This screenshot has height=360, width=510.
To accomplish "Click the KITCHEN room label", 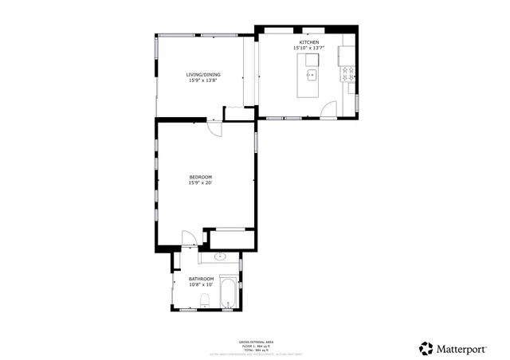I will tap(308, 41).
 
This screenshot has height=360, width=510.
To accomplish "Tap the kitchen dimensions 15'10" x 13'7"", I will tap(308, 48).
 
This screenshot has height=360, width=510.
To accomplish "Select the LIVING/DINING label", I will tap(204, 75).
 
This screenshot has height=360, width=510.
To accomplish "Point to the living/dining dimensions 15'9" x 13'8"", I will tap(204, 80).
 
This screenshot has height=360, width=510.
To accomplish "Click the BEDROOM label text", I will tap(201, 177).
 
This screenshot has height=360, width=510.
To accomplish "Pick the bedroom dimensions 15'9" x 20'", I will tap(201, 183).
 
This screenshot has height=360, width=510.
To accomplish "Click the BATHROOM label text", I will tap(201, 279).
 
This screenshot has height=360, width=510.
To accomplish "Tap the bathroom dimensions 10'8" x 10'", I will tap(201, 284).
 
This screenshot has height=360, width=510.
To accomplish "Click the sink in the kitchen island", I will tap(312, 76).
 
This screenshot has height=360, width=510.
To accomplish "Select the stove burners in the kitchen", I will tap(348, 75).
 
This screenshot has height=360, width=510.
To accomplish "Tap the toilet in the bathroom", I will tap(204, 300).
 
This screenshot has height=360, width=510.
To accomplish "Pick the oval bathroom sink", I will tap(220, 257).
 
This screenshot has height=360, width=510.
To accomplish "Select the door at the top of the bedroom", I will tap(214, 128).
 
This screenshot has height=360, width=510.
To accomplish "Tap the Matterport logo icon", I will tap(426, 348).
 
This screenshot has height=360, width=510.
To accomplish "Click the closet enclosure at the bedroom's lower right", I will tap(230, 238).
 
